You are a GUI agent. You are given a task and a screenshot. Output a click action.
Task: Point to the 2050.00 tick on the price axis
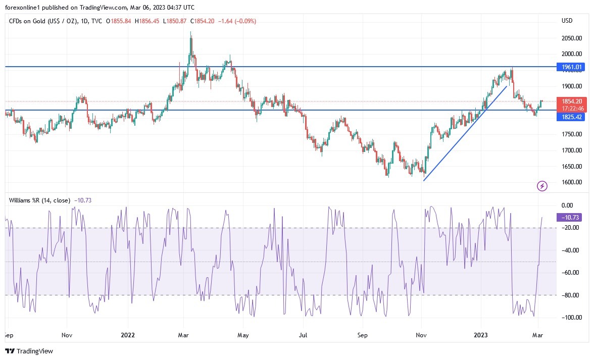click(571, 38)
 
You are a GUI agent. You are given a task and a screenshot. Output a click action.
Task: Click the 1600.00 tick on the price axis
click(571, 182)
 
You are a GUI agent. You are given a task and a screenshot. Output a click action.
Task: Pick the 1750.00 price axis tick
click(571, 134)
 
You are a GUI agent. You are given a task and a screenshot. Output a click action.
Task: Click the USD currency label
click(567, 21)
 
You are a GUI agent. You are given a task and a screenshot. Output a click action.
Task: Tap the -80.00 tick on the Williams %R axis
click(571, 295)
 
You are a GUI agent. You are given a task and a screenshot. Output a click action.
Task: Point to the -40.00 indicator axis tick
click(571, 250)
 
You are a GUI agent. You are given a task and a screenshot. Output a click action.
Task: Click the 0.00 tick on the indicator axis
click(567, 205)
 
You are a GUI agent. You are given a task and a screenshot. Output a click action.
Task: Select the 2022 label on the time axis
click(128, 334)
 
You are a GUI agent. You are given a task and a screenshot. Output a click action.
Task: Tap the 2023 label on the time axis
click(480, 334)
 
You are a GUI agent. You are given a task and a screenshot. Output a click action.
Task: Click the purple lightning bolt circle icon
click(542, 186)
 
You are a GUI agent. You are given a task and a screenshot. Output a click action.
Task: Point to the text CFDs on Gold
click(28, 21)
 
